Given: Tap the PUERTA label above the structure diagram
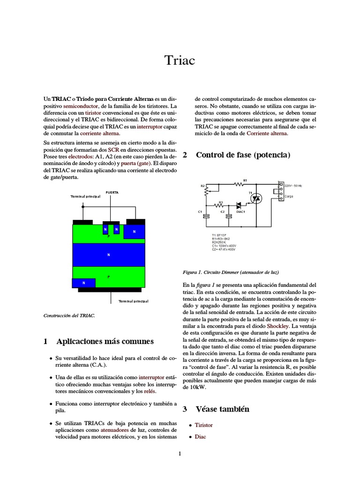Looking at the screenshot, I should tap(112, 192).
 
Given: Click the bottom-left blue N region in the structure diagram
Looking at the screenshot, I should tap(83, 283).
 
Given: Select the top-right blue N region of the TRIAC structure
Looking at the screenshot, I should tap(134, 232).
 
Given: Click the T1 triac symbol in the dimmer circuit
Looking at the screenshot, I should tap(255, 199).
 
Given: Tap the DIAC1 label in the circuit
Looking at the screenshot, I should tap(240, 211).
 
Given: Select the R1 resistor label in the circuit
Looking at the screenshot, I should tap(245, 180).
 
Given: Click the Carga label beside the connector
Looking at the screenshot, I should tap(289, 196).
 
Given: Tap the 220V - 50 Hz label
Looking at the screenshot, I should tap(293, 186).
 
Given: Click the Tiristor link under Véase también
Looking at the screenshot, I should tap(203, 425).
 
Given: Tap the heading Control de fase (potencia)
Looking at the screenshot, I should tap(243, 155).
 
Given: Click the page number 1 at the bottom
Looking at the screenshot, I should tap(180, 453).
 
